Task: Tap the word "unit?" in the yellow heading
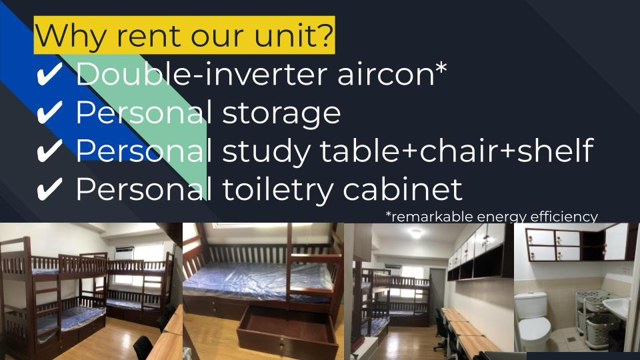point(293,37)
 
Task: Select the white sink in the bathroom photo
point(619,308)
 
